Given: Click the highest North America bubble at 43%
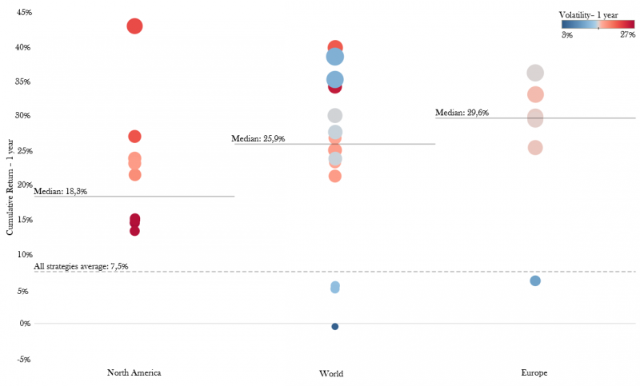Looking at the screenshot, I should tap(134, 26).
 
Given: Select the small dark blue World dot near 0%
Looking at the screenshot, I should tap(335, 326).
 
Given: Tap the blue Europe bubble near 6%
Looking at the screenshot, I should tap(535, 281).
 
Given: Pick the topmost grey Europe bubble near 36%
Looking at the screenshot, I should tap(535, 74).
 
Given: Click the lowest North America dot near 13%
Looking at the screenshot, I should tap(134, 231).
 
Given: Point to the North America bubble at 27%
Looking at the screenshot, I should tap(134, 137).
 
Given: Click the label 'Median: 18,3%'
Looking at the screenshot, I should tap(61, 192).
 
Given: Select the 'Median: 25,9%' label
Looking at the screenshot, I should tap(258, 139).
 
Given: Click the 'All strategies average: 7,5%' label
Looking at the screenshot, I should tap(81, 266).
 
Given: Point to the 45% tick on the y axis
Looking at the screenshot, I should tap(23, 13).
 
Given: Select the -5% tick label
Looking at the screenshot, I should tap(23, 360).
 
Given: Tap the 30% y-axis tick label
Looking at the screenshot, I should tap(23, 116).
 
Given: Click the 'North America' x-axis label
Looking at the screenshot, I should tap(134, 373).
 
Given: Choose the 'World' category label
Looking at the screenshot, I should tap(331, 374).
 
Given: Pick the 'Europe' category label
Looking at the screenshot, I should tap(534, 373).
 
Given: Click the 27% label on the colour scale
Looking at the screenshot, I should tap(627, 34).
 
